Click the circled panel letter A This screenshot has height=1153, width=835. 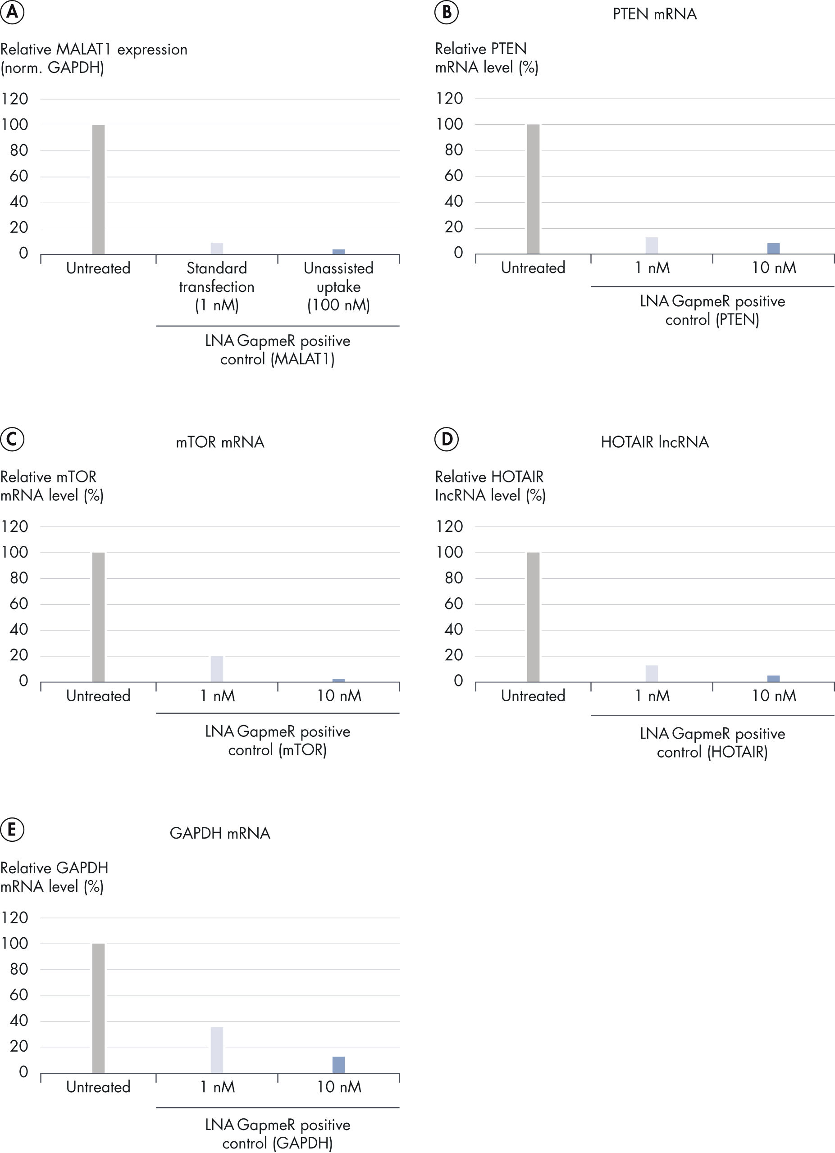point(12,12)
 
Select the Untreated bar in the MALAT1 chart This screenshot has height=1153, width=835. point(98,189)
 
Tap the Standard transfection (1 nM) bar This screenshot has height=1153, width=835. point(217,248)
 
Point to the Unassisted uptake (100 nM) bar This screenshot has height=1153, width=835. point(339,251)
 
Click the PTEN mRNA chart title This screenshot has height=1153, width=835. point(654,14)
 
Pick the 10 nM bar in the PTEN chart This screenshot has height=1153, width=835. point(773,248)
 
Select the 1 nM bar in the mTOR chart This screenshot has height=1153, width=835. point(217,668)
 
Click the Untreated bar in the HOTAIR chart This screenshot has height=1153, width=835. point(533,617)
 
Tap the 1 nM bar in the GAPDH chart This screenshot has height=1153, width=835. point(217,1050)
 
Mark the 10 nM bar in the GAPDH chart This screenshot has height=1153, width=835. point(339,1065)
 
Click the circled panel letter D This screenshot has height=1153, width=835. point(447,439)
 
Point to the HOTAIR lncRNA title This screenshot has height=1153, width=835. point(654,442)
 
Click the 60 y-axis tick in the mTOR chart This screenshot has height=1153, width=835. point(19,604)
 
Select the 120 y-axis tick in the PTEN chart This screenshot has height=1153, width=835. point(450,98)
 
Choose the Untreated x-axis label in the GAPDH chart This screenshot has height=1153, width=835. point(98,1087)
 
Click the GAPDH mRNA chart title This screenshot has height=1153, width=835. point(220,833)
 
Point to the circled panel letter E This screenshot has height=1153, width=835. point(12,830)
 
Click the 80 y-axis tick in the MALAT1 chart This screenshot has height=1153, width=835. point(19,150)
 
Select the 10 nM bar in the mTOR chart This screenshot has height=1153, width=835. point(339,680)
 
